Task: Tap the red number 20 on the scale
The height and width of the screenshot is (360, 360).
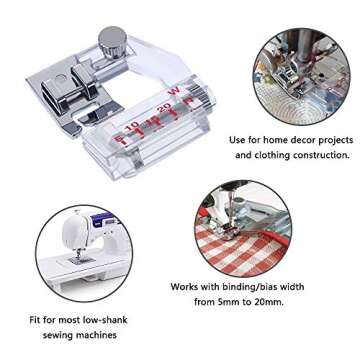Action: pos(163,104)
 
